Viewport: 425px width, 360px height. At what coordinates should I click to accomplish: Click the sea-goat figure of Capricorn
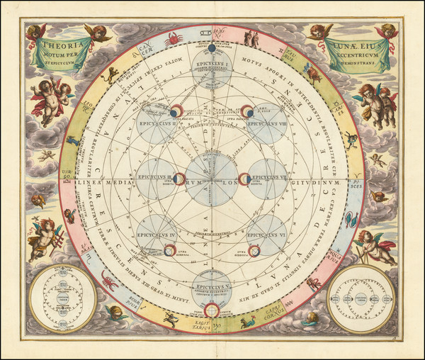(249, 322)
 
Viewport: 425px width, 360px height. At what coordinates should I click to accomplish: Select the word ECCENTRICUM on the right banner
(359, 52)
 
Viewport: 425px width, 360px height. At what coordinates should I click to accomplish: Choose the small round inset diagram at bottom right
(361, 298)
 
